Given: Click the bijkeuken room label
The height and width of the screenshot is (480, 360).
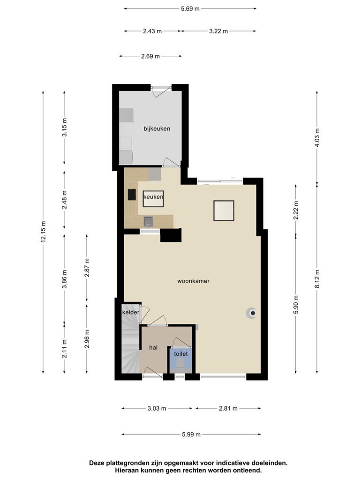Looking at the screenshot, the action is coord(157,128).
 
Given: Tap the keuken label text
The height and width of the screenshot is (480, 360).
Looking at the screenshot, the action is coord(153,197).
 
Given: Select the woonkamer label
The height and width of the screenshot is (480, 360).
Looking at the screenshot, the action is coord(194,281).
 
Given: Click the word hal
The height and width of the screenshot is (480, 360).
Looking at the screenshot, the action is coord(153,347).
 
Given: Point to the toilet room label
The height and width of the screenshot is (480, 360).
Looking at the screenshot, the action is coord(181,354).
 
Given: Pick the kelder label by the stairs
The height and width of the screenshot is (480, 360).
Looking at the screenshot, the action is coord(131,312).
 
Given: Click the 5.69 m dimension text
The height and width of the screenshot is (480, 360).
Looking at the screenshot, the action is coord(190,8).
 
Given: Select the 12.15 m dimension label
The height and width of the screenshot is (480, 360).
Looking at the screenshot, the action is coord(43,232).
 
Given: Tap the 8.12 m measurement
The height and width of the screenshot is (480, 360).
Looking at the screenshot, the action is coord(317,278).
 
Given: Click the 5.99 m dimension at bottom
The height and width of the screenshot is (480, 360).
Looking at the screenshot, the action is coord(191,435).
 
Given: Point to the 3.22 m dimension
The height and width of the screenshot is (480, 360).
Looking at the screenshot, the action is coord(218,31).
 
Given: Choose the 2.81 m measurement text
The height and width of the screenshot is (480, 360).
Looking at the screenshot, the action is coord(228,408).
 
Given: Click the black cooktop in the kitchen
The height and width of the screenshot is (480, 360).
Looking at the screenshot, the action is coord(132,195).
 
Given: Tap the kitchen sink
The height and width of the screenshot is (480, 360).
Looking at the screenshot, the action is coord(149,221).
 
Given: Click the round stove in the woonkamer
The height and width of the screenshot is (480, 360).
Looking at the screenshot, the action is coord(252,313).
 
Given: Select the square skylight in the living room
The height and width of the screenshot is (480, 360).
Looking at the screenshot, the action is coord(224,210).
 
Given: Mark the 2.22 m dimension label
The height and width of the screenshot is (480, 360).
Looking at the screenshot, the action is coord(296,210).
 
